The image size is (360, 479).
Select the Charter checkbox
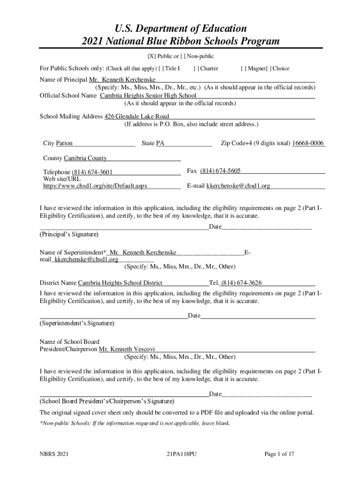click(196, 69)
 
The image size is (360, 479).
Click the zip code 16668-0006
click(308, 143)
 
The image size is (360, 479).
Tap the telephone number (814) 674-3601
click(92, 172)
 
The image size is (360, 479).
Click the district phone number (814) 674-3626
click(241, 283)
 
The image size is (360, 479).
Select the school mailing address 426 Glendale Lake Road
click(137, 116)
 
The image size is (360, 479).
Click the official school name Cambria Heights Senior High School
click(148, 95)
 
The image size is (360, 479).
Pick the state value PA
click(160, 143)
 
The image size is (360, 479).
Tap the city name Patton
click(64, 143)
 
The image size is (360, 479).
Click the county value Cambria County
click(85, 158)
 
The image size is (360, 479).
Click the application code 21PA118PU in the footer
click(181, 454)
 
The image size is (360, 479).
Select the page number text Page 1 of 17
click(279, 454)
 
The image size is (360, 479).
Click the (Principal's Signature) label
click(69, 234)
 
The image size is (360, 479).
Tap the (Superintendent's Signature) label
click(77, 323)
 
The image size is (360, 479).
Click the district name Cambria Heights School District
click(120, 283)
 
